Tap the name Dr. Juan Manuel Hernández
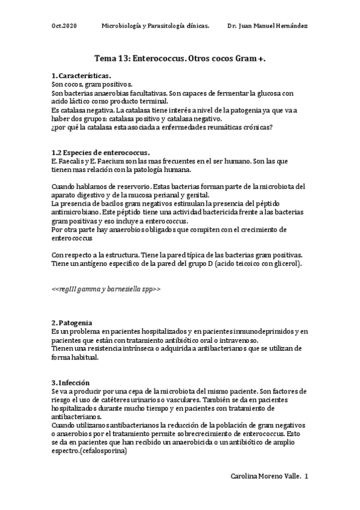(x=267, y=26)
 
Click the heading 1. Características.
(x=81, y=76)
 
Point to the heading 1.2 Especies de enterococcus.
(x=101, y=153)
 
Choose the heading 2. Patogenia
(x=72, y=322)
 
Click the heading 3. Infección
(x=70, y=382)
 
